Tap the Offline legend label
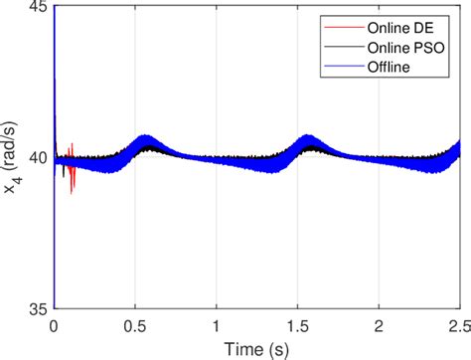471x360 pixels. (x=389, y=66)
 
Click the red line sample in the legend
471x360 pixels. (x=339, y=29)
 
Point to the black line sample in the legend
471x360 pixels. (x=339, y=47)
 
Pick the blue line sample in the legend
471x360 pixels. (x=339, y=66)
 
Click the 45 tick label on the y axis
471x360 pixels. (x=38, y=9)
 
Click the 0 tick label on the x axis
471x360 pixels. (x=54, y=324)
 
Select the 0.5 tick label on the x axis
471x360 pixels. (x=135, y=324)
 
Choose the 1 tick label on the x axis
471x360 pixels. (x=217, y=324)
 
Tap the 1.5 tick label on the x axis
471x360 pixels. (x=297, y=324)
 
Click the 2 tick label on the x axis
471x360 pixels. (x=379, y=324)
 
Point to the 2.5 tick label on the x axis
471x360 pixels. (x=457, y=324)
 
